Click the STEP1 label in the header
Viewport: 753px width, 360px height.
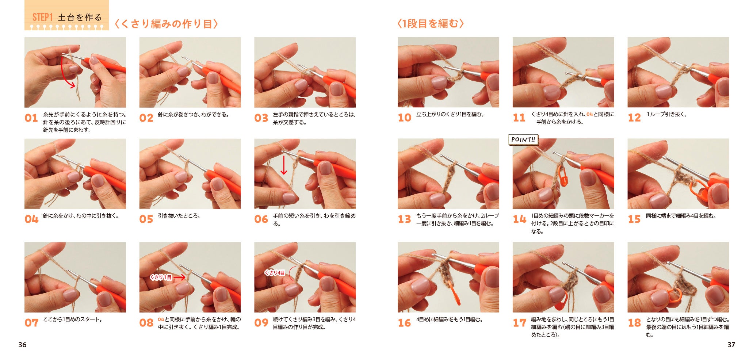click(x=43, y=17)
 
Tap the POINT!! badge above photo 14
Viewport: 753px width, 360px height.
click(x=523, y=139)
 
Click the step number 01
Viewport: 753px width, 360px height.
click(x=31, y=118)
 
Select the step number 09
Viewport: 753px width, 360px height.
click(x=261, y=323)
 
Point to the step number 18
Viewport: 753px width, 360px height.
click(x=634, y=323)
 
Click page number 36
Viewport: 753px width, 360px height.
click(x=22, y=345)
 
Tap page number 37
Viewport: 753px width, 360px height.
click(x=731, y=345)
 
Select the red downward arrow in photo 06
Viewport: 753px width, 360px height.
click(x=284, y=165)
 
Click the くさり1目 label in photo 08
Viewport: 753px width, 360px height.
click(x=161, y=277)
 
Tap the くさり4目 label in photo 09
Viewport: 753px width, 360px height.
click(x=275, y=273)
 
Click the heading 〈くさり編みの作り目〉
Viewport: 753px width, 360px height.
click(x=167, y=24)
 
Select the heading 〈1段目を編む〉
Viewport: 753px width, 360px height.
click(x=431, y=24)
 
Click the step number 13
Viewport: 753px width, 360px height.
click(x=404, y=219)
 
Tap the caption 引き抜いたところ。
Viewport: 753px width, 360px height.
click(x=179, y=216)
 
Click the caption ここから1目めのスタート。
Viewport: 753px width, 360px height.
click(x=73, y=319)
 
